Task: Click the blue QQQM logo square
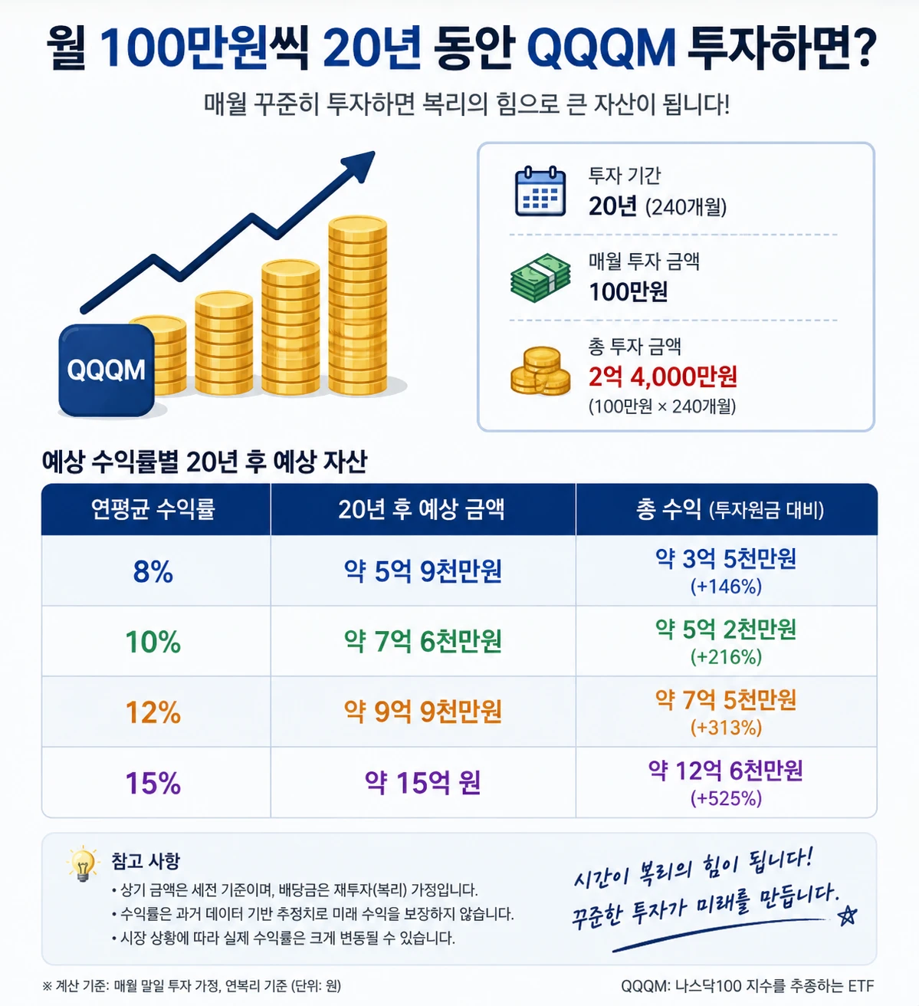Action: coord(107,370)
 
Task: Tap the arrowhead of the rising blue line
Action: coord(360,165)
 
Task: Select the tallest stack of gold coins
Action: coord(357,305)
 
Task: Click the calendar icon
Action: coord(540,191)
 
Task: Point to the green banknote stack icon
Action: coord(540,278)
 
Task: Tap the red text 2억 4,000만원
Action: coord(663,376)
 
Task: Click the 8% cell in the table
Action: coord(153,571)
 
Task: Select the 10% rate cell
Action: coord(153,642)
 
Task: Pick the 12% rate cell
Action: coord(153,712)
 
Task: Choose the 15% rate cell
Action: coord(153,783)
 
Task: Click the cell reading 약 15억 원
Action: coord(422,783)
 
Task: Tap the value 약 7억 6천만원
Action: coord(422,642)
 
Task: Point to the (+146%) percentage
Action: coord(726,587)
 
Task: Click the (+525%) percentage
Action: coord(726,798)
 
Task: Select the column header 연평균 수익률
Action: coord(153,509)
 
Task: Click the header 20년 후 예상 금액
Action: coord(421,510)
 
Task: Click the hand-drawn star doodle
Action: coord(847,916)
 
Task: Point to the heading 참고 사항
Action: coord(146,861)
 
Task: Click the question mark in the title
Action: coord(863,48)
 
